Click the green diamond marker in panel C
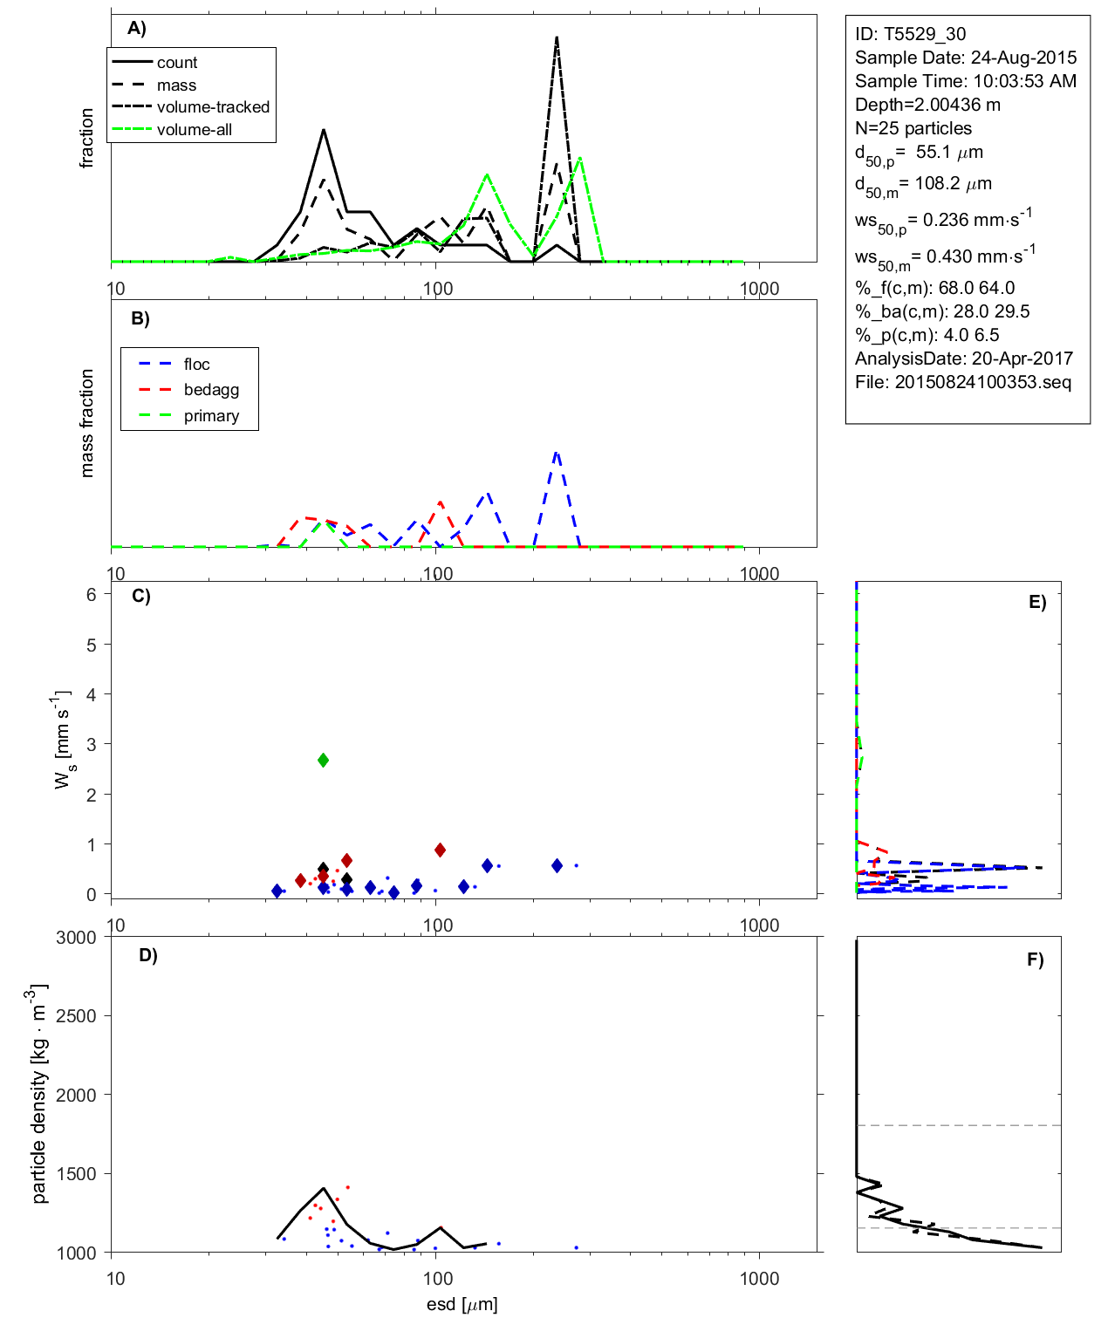[x=323, y=761]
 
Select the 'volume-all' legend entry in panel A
[x=194, y=130]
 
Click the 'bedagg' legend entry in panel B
[x=211, y=390]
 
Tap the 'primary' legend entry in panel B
[x=211, y=416]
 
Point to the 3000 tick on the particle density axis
[x=76, y=938]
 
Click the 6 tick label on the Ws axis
[x=92, y=595]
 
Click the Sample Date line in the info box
[x=966, y=58]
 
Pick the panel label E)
[x=1036, y=602]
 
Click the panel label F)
[x=1035, y=959]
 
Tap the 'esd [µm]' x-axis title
[x=462, y=1304]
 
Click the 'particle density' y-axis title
[x=39, y=1094]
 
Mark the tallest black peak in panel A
[x=557, y=38]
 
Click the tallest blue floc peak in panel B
[x=557, y=453]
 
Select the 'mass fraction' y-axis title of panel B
[x=86, y=423]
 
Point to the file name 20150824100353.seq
[x=983, y=382]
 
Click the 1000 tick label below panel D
[x=759, y=1279]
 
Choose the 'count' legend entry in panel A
[x=177, y=63]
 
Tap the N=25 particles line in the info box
[x=913, y=128]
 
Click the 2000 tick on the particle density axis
[x=76, y=1096]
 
